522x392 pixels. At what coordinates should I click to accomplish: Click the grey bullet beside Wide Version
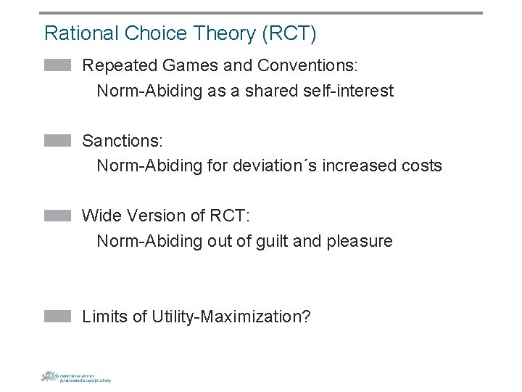(57, 216)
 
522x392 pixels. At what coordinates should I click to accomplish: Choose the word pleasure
(362, 241)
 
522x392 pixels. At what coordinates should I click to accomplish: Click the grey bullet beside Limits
(57, 316)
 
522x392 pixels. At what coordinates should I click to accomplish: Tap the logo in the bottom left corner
(75, 376)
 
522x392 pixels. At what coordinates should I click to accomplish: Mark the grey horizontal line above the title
(261, 12)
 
